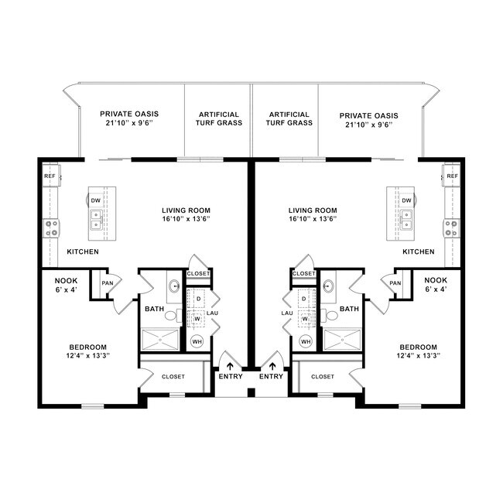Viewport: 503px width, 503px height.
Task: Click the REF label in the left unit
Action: [x=50, y=176]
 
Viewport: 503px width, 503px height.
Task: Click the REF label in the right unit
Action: [x=452, y=176]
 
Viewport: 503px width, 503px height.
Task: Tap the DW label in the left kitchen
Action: [x=96, y=200]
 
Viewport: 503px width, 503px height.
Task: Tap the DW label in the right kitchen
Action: [x=406, y=200]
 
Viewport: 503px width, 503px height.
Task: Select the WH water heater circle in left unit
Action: [x=197, y=341]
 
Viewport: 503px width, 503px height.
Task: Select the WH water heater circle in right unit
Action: [x=306, y=341]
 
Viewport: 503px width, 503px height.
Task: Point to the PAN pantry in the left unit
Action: [x=107, y=283]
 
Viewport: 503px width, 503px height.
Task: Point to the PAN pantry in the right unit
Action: [x=395, y=283]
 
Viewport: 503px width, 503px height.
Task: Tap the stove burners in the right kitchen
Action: [x=450, y=228]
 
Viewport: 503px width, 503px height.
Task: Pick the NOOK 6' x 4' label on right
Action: [x=436, y=284]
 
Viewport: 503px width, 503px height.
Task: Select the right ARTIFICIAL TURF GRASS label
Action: [x=289, y=118]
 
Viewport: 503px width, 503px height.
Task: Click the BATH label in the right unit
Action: [x=349, y=309]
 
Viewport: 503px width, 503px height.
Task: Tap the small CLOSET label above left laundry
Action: [x=199, y=273]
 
